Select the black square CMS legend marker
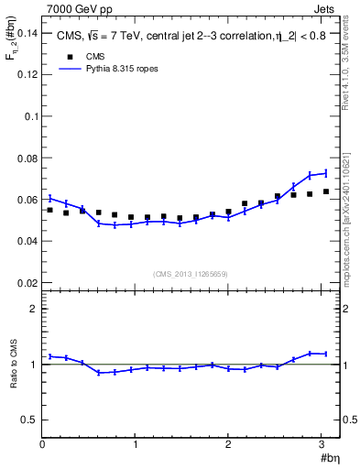[x=65, y=57]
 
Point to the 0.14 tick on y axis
[x=27, y=33]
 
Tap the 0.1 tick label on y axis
[x=31, y=116]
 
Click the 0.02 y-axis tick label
[x=27, y=282]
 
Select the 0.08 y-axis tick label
[x=27, y=158]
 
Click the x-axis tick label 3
[x=322, y=445]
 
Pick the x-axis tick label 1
[x=136, y=445]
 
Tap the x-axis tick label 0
[x=42, y=445]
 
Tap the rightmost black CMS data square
[x=325, y=191]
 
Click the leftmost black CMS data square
[x=49, y=210]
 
